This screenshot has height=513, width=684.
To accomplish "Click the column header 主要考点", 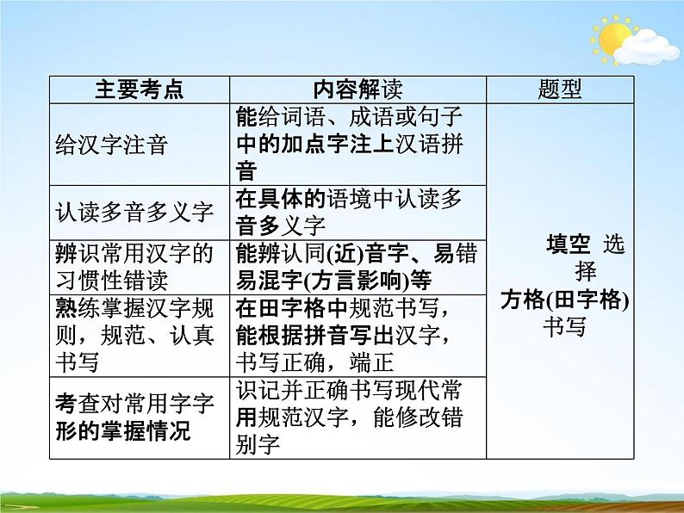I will pos(139,90).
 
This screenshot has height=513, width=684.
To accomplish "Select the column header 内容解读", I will pos(357,90).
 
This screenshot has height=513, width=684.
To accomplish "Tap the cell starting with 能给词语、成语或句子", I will pos(357,143).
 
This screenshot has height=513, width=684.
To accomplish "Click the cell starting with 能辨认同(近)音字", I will pos(357,266).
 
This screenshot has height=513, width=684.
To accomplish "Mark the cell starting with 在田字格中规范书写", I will pos(357,334).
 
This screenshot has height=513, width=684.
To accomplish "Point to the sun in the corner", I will pos(613,39).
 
